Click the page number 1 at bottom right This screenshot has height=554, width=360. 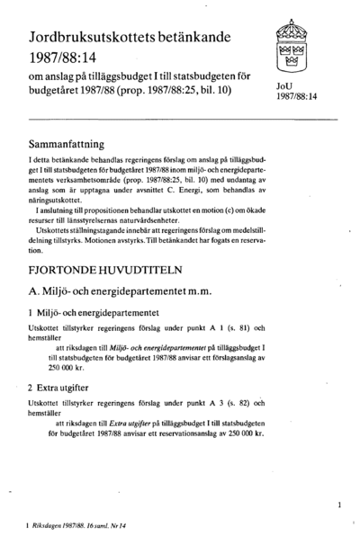[x=338, y=506]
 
